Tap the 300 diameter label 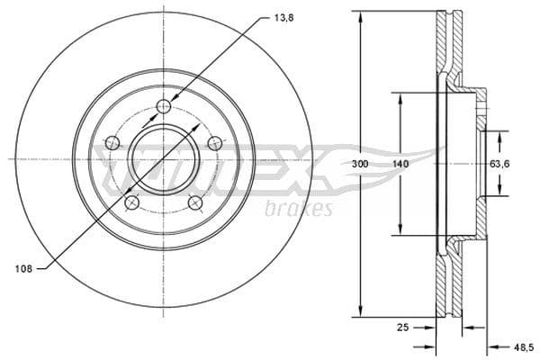360,164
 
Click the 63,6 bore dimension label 500,164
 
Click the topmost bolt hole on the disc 163,108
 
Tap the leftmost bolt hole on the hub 112,142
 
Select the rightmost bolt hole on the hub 214,142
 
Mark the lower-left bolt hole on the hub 131,202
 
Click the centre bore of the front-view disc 163,159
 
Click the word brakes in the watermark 299,210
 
